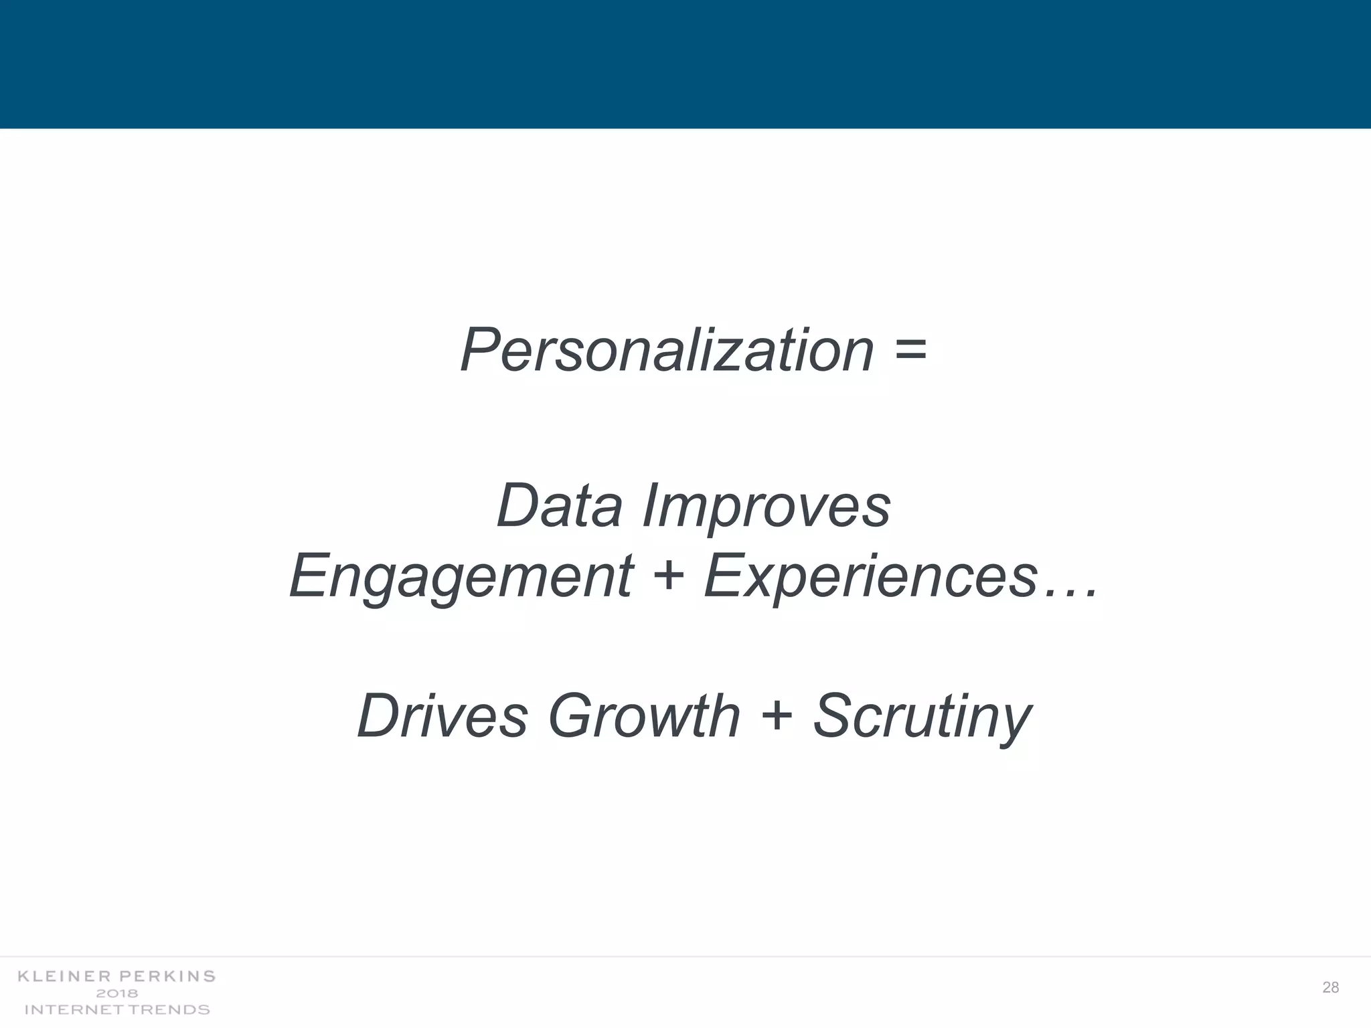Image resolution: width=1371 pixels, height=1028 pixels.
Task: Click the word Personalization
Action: click(667, 351)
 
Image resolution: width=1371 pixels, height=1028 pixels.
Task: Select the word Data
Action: click(560, 506)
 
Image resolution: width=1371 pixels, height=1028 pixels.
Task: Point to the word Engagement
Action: click(461, 577)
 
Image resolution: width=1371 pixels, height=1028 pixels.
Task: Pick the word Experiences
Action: click(870, 577)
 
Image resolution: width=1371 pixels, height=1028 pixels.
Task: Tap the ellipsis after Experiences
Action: click(1070, 592)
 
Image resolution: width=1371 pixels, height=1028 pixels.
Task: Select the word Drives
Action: click(442, 716)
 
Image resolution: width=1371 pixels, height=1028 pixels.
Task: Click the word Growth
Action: click(644, 716)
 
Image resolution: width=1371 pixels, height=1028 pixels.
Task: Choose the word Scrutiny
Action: click(922, 717)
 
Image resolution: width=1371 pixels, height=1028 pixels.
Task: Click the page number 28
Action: click(1330, 987)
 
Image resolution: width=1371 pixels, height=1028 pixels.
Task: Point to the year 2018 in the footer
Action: click(117, 993)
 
